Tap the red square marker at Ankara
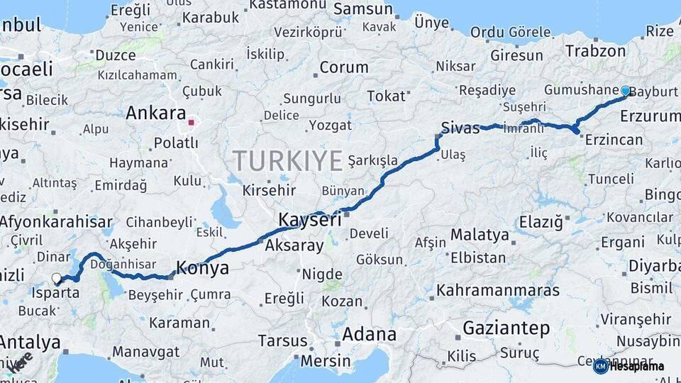click(191, 123)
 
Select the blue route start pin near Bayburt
click(625, 91)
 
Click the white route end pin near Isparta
click(57, 278)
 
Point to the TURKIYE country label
click(288, 161)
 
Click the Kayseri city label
click(309, 220)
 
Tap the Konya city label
click(202, 268)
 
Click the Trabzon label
click(596, 51)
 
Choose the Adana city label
click(369, 334)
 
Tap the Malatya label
click(480, 234)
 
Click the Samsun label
click(363, 9)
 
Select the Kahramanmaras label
click(498, 290)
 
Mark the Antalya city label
click(30, 343)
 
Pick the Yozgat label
click(330, 126)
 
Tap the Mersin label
click(326, 360)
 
